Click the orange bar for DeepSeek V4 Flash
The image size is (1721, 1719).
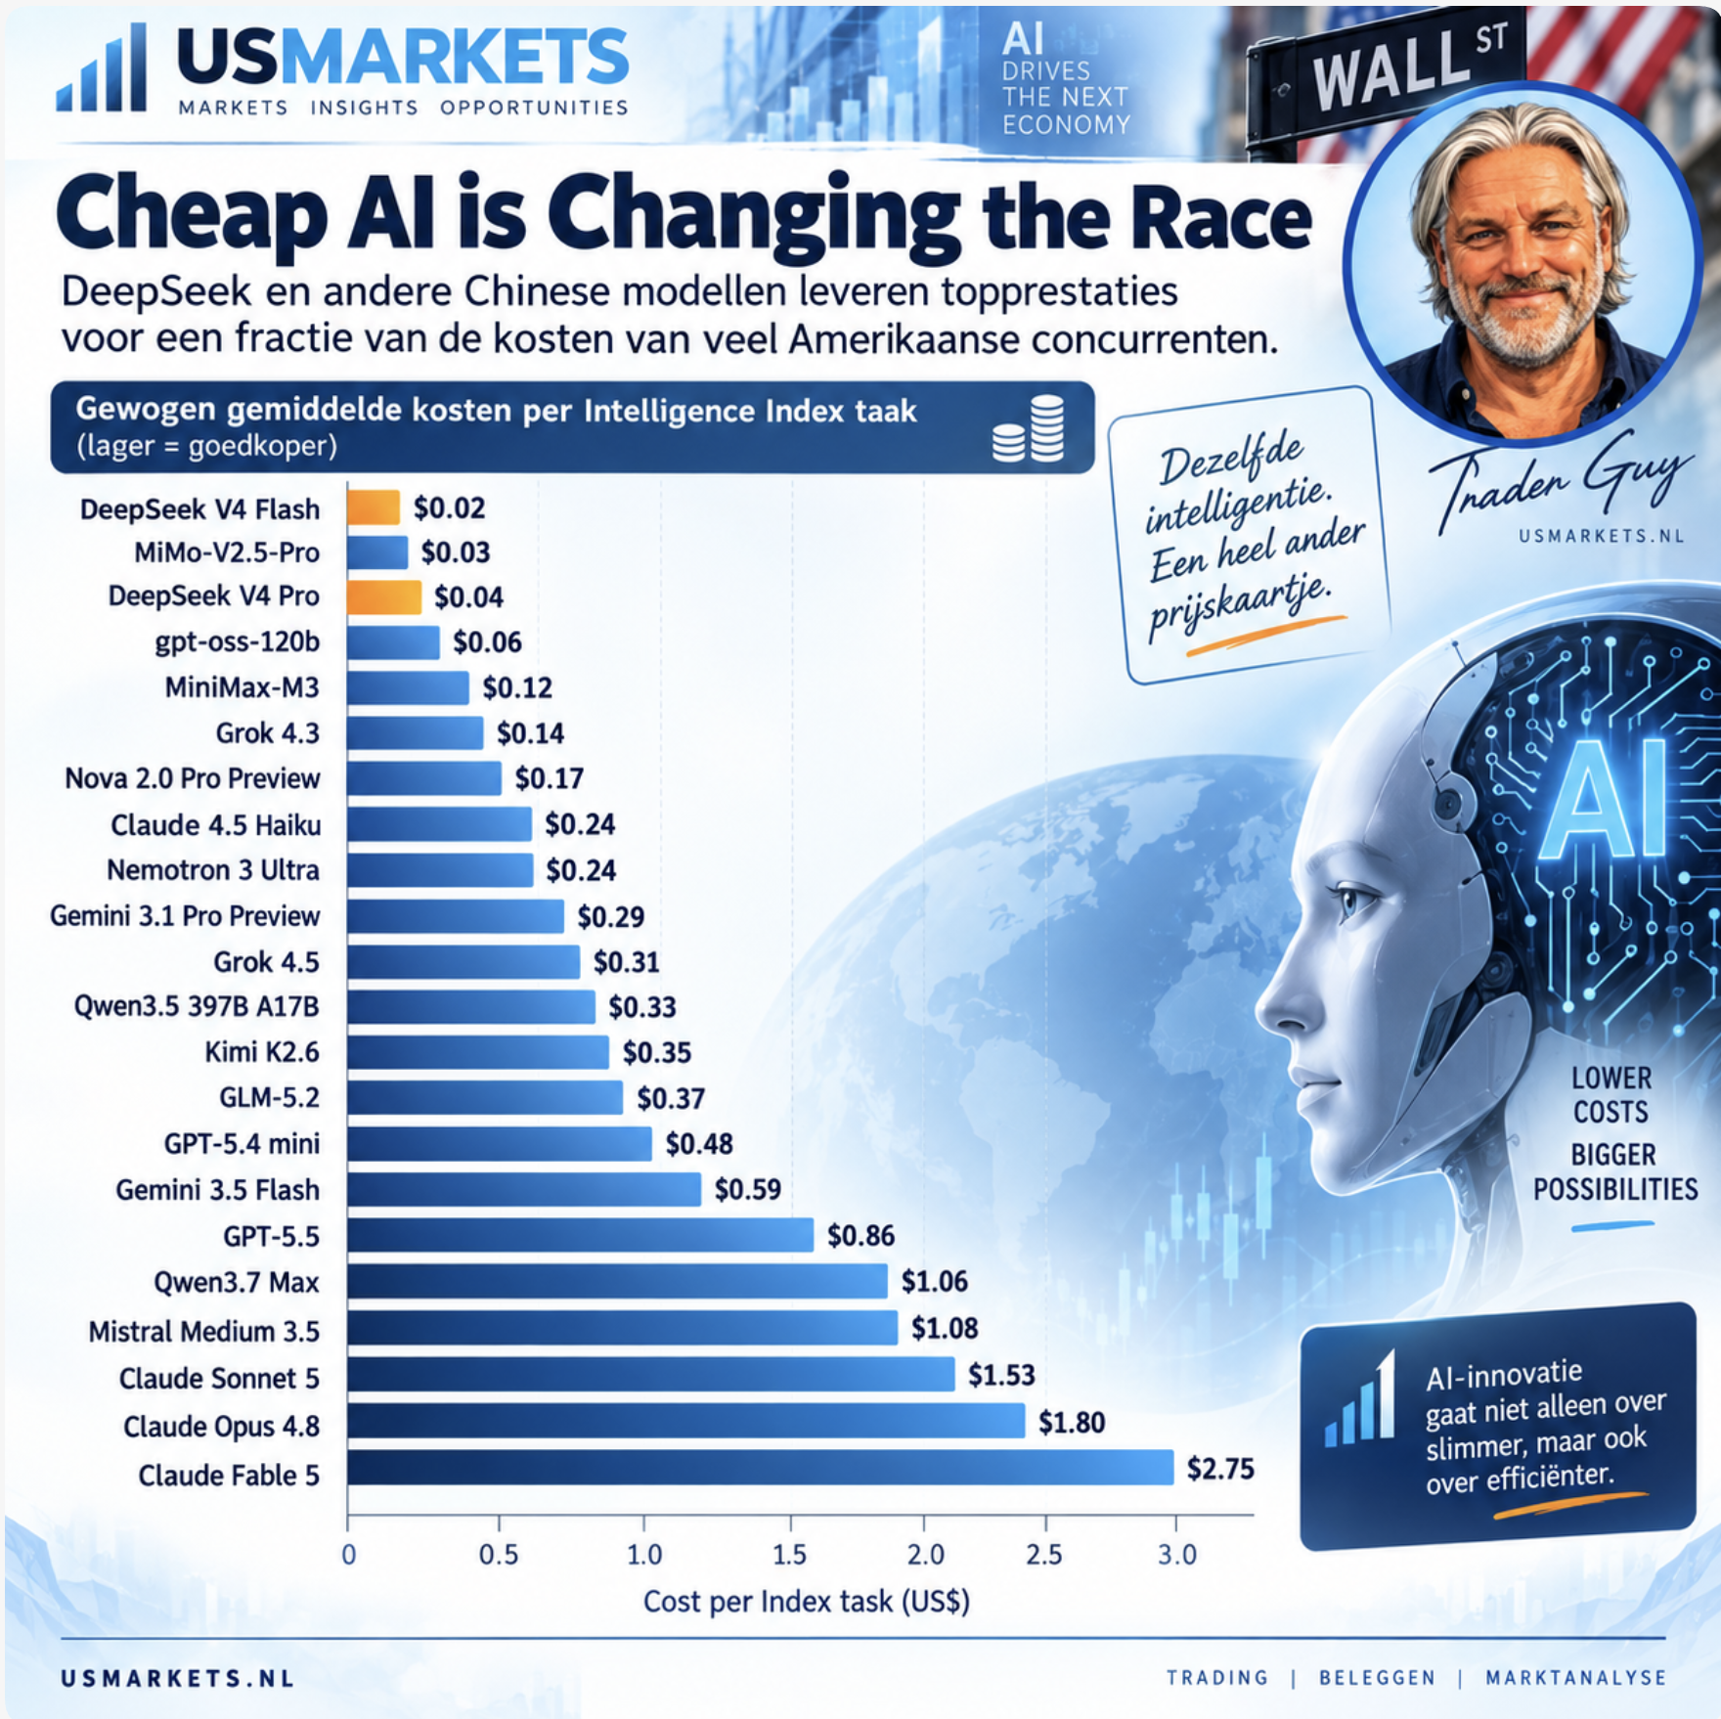tap(374, 507)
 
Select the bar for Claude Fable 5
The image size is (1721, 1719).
tap(761, 1467)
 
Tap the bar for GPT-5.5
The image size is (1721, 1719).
tap(581, 1235)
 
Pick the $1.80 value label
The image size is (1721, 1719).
tap(1072, 1422)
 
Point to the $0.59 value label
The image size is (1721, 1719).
tap(748, 1189)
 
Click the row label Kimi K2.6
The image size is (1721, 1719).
tap(262, 1052)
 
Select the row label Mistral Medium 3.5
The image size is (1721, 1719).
tap(204, 1332)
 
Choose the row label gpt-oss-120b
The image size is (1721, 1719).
tap(238, 642)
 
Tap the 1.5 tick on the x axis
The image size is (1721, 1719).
tap(789, 1555)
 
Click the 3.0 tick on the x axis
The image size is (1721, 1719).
tap(1177, 1555)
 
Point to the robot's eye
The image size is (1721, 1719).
tap(1353, 901)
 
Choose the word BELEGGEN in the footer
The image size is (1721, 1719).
tap(1377, 1678)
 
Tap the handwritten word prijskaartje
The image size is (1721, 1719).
tap(1239, 606)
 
